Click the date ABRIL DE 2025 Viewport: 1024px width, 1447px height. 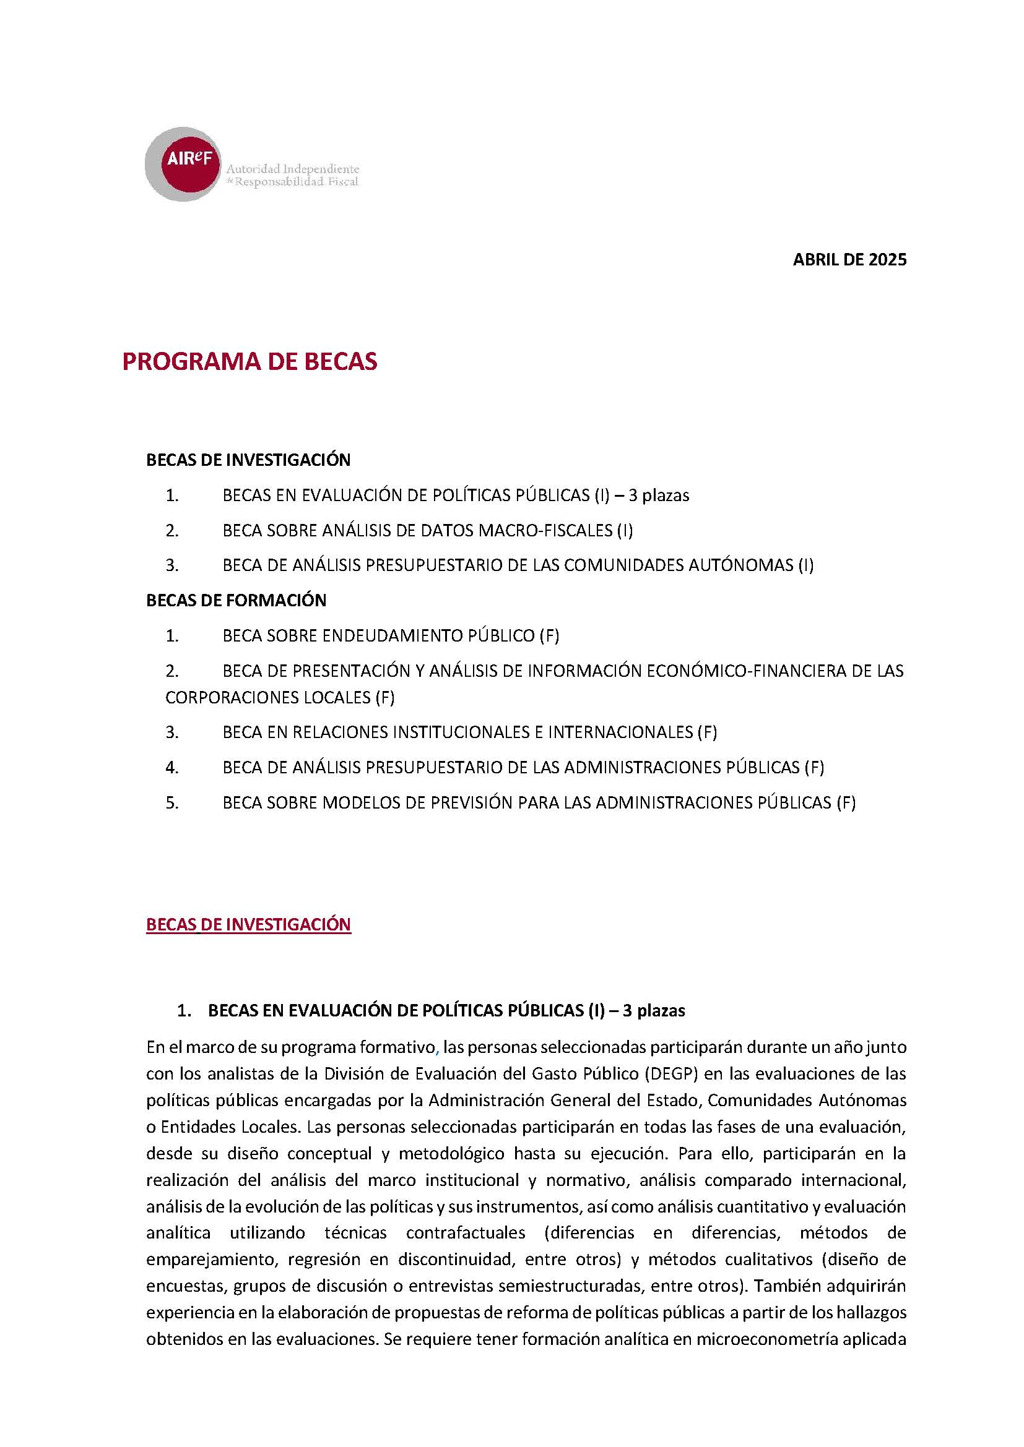(x=849, y=260)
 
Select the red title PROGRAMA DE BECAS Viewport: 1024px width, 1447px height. (x=249, y=362)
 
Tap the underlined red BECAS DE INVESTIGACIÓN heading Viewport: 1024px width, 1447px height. (x=248, y=924)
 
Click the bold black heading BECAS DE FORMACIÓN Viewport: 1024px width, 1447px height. (x=236, y=600)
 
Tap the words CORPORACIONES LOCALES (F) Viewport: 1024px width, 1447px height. (x=280, y=697)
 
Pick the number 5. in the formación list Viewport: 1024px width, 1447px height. (x=172, y=802)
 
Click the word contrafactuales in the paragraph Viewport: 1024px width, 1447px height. (x=466, y=1232)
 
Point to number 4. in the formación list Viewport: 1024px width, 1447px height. (x=172, y=768)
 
